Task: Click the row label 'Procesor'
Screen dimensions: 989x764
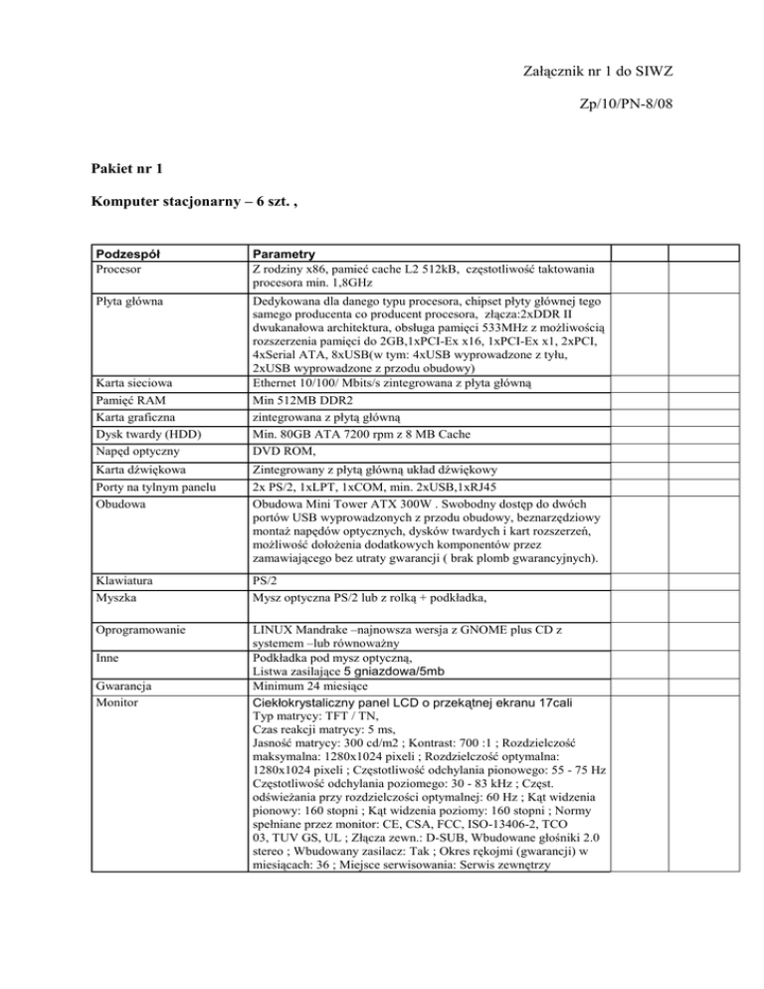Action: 110,269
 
